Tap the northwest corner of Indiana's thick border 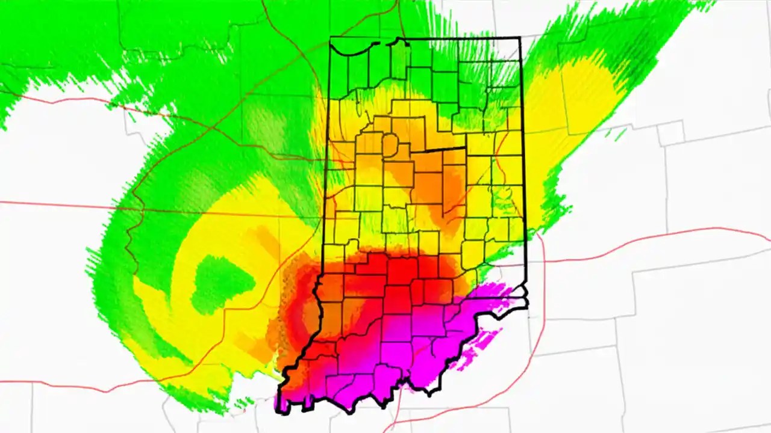(x=331, y=38)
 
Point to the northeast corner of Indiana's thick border (x=520, y=38)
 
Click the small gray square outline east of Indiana (x=672, y=133)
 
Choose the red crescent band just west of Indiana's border (x=295, y=313)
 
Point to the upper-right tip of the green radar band (x=711, y=4)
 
